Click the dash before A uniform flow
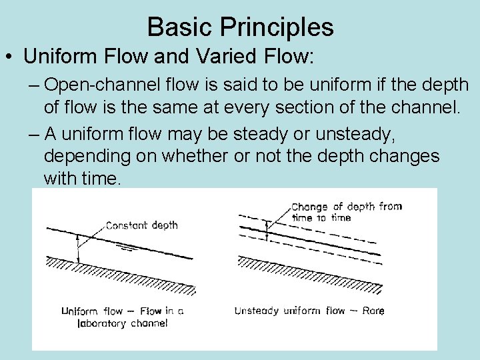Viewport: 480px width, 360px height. click(x=34, y=134)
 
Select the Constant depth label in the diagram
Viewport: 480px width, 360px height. click(x=142, y=225)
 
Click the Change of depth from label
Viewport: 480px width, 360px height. click(x=346, y=207)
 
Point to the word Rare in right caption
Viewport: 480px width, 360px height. click(x=373, y=311)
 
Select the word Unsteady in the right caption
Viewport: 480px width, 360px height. click(x=257, y=311)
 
